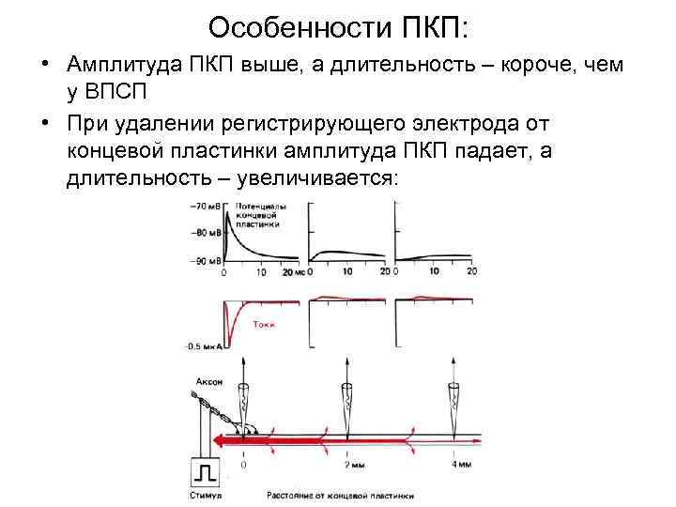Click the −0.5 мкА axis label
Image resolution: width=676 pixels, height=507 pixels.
pyautogui.click(x=203, y=345)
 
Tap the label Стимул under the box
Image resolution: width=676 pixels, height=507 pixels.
pyautogui.click(x=206, y=494)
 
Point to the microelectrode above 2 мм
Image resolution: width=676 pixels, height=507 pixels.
pyautogui.click(x=347, y=404)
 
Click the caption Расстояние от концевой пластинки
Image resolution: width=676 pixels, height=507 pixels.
pyautogui.click(x=340, y=494)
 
